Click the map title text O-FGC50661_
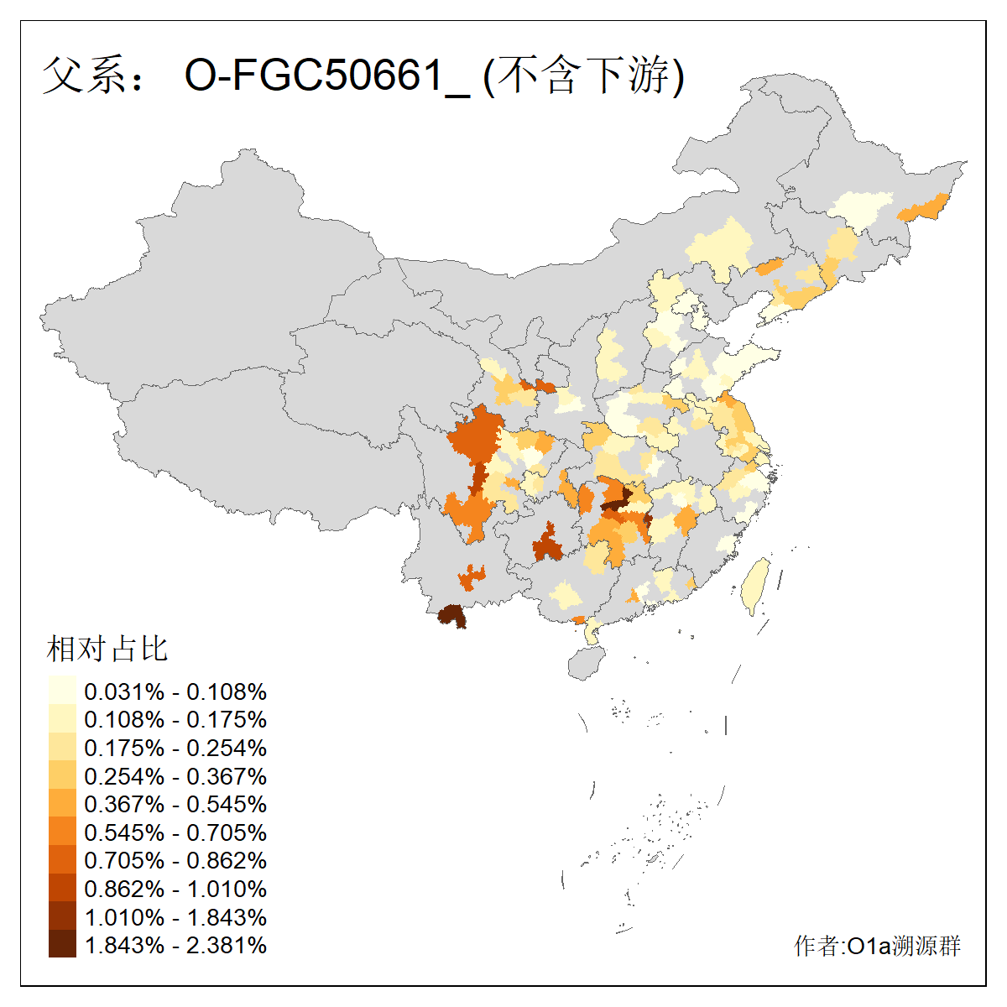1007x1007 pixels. [327, 76]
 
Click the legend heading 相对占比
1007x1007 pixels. [107, 649]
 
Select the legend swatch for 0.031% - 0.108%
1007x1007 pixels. [62, 691]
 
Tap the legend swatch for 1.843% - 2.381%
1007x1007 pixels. [62, 945]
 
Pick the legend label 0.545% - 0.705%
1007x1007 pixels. [175, 832]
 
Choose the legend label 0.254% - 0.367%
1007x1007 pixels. [175, 776]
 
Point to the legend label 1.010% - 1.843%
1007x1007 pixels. [175, 917]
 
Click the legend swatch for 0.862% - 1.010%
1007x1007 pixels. [62, 889]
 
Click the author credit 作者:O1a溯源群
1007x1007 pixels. [877, 947]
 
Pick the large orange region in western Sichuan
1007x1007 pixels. [475, 441]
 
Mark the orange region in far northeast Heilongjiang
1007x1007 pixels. [923, 207]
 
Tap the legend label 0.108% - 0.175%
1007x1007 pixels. [175, 720]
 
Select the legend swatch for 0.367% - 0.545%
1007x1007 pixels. [62, 804]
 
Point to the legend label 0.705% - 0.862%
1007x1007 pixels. [175, 861]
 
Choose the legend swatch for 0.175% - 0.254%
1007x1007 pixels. [62, 748]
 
